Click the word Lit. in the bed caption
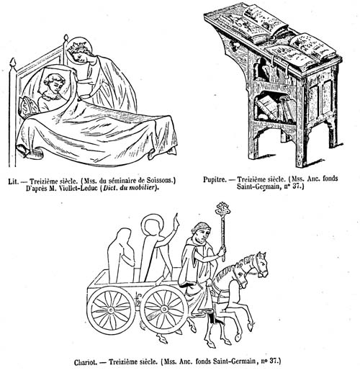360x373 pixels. [x=13, y=181]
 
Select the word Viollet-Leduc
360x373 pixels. [x=78, y=188]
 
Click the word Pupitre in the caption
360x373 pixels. [x=215, y=179]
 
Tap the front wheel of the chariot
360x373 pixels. [x=164, y=309]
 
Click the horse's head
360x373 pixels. [x=260, y=264]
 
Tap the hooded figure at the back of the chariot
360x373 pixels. [x=121, y=255]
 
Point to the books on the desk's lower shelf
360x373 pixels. [x=276, y=109]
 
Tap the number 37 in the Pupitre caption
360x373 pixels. [x=295, y=186]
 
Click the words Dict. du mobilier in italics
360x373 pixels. [x=130, y=188]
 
